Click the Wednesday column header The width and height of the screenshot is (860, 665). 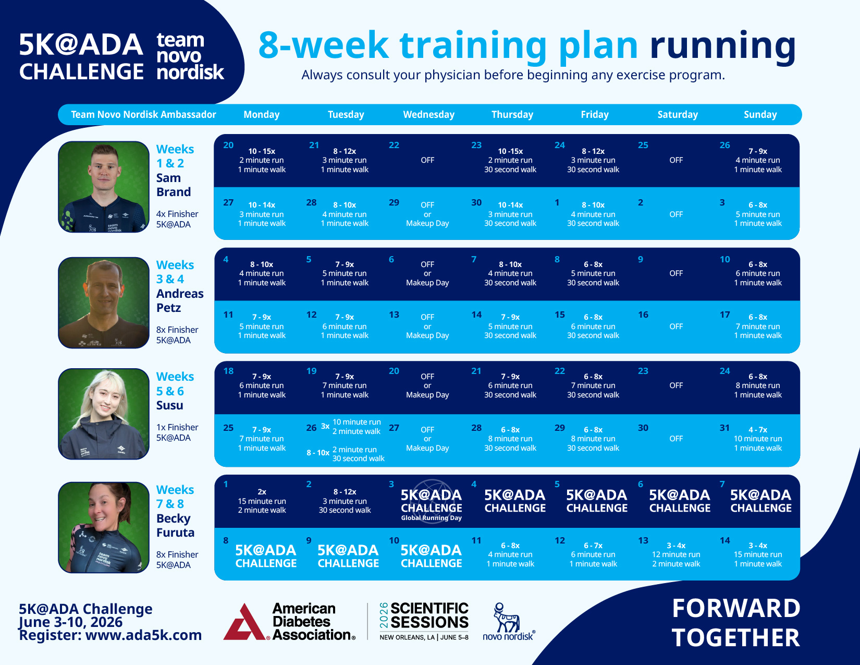[428, 115]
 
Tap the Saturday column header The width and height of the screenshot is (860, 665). [677, 115]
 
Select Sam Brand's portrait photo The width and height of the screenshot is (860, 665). [104, 187]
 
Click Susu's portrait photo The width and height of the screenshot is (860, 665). [104, 414]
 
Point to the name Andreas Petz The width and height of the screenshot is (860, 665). [179, 301]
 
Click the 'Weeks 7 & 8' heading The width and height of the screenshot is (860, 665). [175, 497]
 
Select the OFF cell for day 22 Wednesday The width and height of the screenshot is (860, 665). [427, 160]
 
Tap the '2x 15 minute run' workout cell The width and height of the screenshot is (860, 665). [262, 501]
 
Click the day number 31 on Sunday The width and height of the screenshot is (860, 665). [724, 428]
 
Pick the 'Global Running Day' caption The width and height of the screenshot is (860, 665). [431, 518]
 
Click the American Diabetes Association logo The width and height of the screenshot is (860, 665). [289, 622]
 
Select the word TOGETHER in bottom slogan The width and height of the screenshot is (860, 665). [735, 638]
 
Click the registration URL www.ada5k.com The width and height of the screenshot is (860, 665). [143, 635]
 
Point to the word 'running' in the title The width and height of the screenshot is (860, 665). [722, 45]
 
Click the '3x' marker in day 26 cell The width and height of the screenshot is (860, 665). [325, 426]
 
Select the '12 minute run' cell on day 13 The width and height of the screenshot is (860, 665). [676, 554]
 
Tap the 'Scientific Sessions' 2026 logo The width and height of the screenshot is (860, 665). [424, 621]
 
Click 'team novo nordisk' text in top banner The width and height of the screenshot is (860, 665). [189, 56]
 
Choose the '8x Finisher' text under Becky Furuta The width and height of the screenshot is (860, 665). [177, 554]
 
